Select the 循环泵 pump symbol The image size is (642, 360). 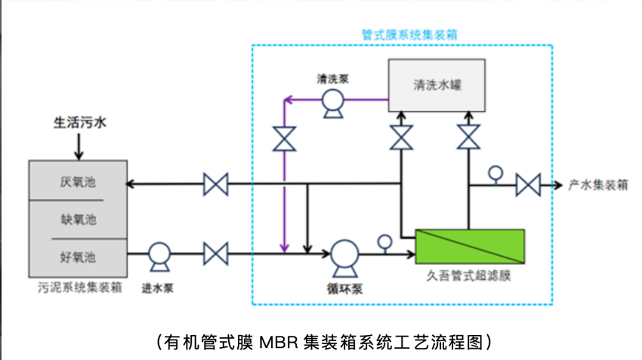tap(345, 255)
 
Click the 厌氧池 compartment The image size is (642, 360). tap(78, 182)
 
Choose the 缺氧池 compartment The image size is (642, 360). tap(78, 220)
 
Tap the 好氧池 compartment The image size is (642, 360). tap(78, 257)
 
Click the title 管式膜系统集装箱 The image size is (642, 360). tap(409, 34)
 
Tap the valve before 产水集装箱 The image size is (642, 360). tap(528, 184)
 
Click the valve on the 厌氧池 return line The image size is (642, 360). tap(216, 184)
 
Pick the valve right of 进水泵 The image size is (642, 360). tap(216, 253)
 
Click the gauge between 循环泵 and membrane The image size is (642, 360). tap(384, 242)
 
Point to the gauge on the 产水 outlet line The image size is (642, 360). tap(495, 173)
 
